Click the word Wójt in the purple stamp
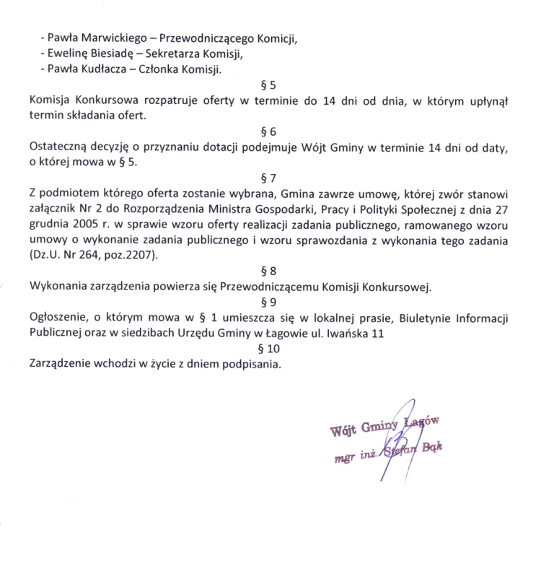(x=341, y=431)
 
